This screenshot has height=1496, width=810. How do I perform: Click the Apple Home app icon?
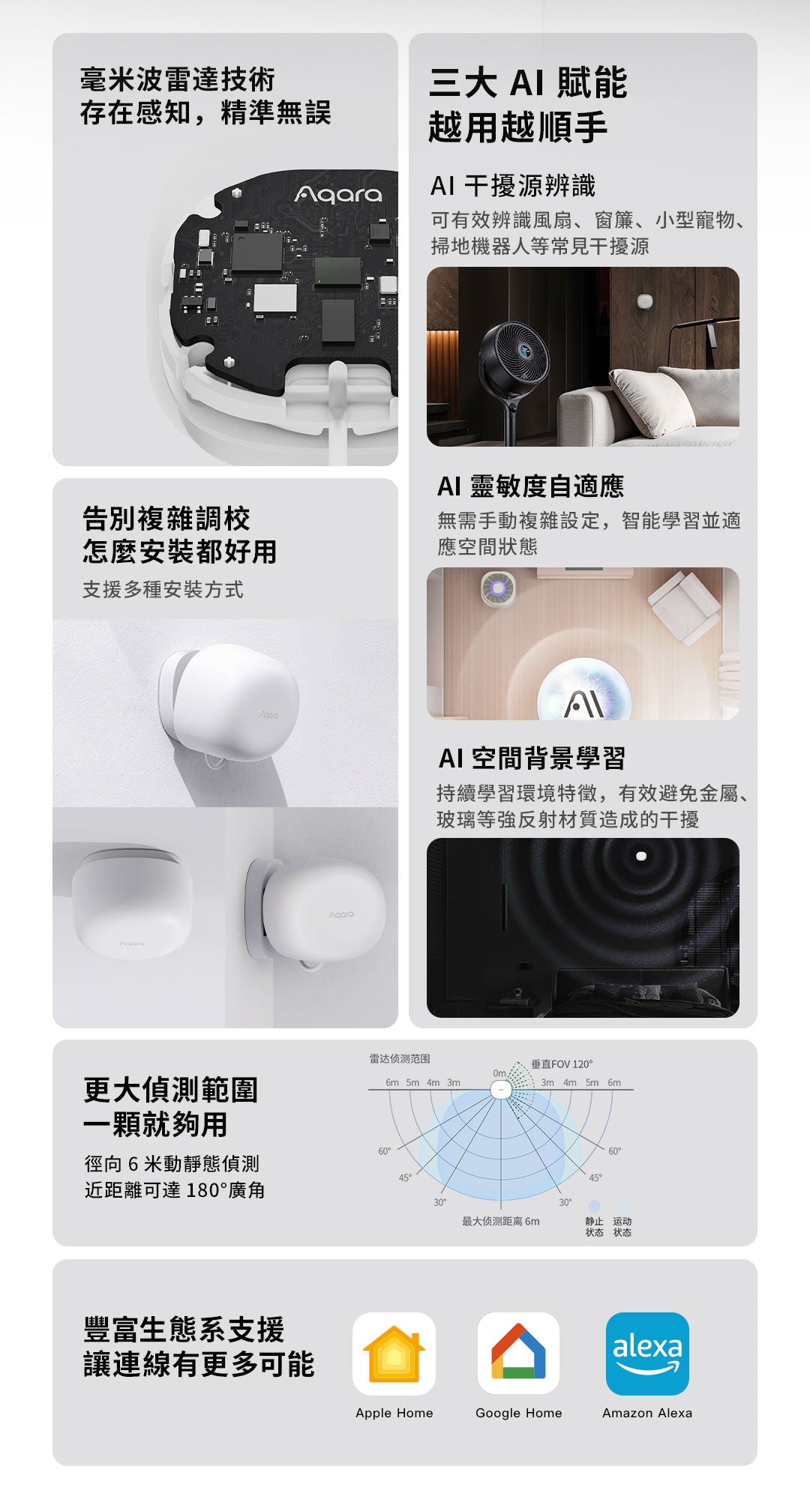394,1354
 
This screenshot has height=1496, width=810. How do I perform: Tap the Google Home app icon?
518,1354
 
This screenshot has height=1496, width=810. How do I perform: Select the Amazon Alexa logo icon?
647,1354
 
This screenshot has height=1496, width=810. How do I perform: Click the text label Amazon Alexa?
647,1413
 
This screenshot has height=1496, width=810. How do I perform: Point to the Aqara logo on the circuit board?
338,195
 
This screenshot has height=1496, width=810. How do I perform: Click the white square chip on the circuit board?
275,298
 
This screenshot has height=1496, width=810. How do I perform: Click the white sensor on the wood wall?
644,301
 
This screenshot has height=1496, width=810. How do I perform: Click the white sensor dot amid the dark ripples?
641,856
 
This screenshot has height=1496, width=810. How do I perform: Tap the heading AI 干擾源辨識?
513,185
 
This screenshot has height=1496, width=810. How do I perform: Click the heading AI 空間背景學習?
532,758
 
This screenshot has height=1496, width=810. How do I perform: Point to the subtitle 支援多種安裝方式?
163,590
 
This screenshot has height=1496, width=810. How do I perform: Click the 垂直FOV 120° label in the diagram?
562,1064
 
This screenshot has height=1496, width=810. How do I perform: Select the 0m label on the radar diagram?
499,1073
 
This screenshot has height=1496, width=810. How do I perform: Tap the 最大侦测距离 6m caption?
500,1221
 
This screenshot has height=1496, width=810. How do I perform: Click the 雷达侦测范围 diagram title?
400,1058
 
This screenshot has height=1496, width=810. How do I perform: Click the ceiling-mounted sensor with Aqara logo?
132,903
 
